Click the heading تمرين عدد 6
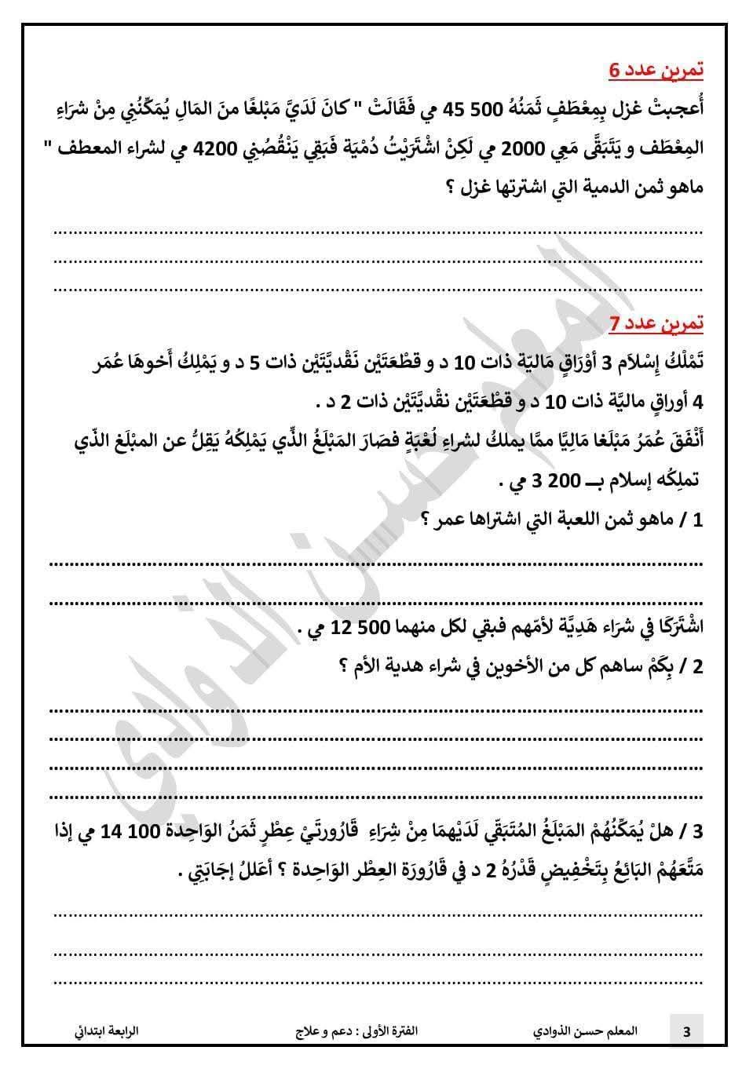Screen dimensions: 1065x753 click(x=656, y=70)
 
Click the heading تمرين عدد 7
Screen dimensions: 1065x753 click(x=656, y=323)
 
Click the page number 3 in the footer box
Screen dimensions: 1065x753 click(x=686, y=1032)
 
